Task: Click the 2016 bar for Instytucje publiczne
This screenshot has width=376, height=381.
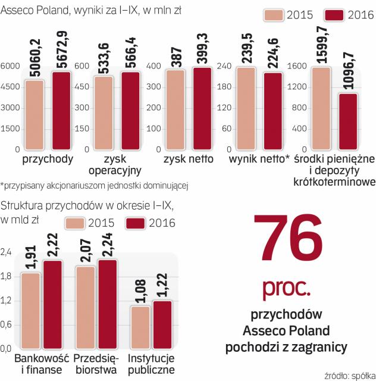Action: [x=162, y=324]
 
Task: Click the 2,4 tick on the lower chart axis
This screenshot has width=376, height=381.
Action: [x=7, y=252]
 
